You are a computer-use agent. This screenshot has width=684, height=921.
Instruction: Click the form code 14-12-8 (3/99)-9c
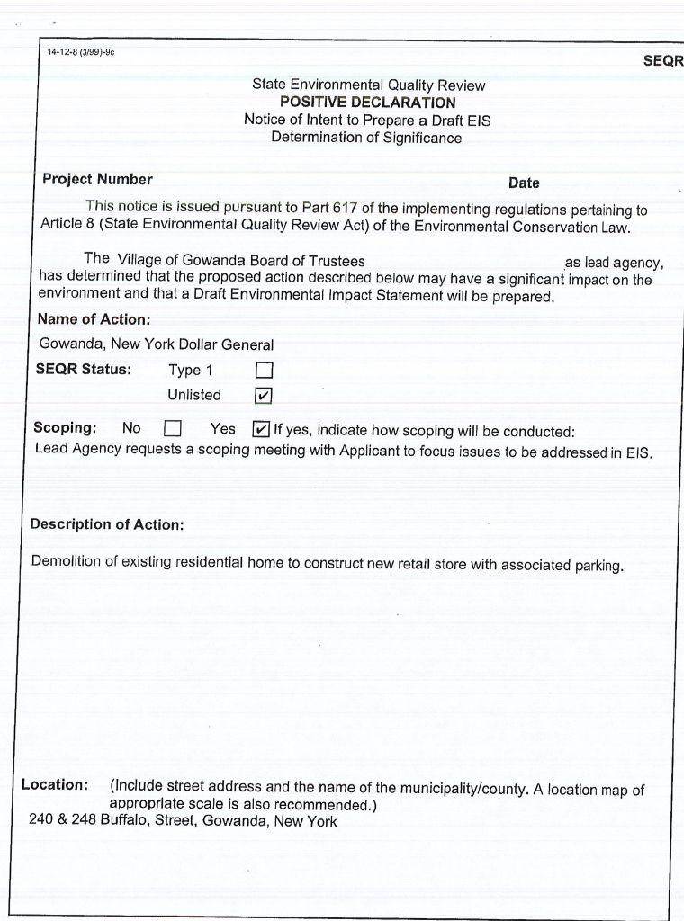(x=81, y=52)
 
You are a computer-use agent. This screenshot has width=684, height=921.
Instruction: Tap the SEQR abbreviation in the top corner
(x=663, y=61)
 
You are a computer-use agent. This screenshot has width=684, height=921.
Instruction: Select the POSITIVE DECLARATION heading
(x=367, y=103)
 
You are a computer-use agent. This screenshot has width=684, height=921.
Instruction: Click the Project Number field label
(x=97, y=179)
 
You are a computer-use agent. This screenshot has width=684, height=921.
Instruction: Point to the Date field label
(x=524, y=183)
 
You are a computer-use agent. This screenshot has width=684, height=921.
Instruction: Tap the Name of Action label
(x=94, y=319)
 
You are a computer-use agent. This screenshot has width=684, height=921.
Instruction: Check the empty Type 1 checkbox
(x=264, y=371)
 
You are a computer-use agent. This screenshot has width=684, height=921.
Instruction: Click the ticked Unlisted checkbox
(x=264, y=396)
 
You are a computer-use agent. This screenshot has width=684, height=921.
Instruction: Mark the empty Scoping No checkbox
(x=173, y=429)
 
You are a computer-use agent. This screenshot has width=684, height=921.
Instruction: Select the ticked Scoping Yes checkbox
(x=261, y=429)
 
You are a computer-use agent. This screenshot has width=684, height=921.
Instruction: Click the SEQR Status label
(x=83, y=370)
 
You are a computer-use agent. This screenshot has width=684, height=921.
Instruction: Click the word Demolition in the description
(x=63, y=562)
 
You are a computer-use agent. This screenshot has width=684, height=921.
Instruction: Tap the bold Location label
(x=54, y=784)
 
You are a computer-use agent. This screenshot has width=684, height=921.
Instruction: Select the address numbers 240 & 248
(x=63, y=820)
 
